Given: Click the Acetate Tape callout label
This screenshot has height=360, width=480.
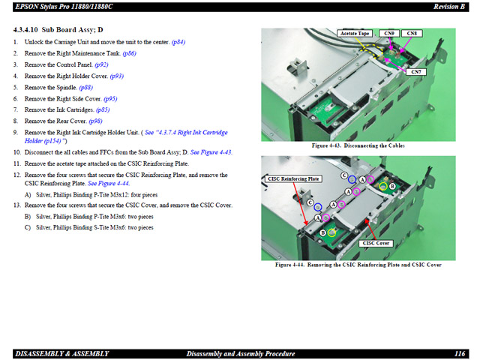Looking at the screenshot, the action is tap(355, 33).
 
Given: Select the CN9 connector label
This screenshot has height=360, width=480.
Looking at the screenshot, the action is tap(389, 33).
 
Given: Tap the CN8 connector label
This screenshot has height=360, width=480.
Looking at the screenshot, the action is tap(412, 33).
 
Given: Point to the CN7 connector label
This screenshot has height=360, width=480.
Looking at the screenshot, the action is tap(416, 72).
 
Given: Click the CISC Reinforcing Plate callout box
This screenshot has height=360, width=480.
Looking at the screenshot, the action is tap(293, 178).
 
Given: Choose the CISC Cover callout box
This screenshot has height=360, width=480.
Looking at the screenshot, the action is tap(376, 243).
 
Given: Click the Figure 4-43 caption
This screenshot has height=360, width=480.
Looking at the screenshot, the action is tap(358, 145).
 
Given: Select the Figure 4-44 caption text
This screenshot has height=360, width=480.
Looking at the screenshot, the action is tap(358, 265).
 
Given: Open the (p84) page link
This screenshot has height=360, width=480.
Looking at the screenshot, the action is tap(178, 42).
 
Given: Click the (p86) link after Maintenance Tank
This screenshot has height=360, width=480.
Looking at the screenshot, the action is tap(129, 53).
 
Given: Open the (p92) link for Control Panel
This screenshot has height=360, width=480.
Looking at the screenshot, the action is tap(101, 65).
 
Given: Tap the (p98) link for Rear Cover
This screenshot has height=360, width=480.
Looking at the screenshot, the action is tap(95, 121).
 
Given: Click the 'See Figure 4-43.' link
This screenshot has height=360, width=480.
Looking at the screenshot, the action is tap(211, 152).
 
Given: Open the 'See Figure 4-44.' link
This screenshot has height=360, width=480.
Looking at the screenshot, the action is tap(109, 184).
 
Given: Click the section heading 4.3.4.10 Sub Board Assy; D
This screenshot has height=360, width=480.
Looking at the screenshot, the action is tap(58, 30).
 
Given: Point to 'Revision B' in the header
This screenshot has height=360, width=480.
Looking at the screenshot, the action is tap(449, 7).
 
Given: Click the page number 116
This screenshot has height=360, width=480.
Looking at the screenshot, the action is tap(460, 354).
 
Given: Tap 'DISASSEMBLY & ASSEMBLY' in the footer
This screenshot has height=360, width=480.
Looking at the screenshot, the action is tap(62, 354).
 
